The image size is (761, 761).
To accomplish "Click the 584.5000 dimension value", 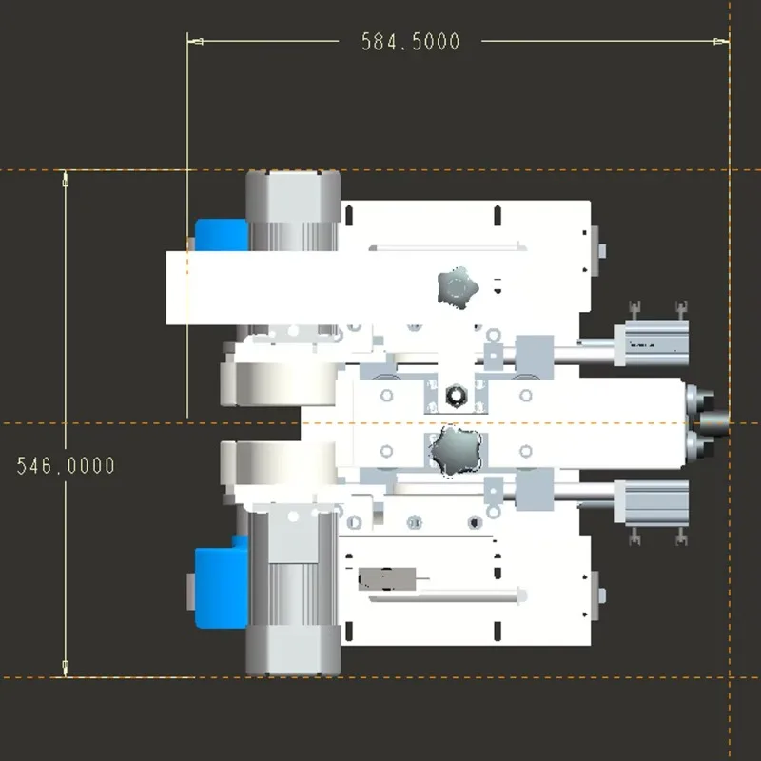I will coord(410,42).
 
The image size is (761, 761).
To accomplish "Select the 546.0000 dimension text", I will coord(66,465).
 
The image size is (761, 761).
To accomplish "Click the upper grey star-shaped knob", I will coord(456,285).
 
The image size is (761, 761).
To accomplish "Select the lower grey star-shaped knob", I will coord(455,449).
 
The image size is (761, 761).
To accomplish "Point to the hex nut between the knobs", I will coord(455,395).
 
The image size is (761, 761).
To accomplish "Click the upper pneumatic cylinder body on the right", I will coord(652,338).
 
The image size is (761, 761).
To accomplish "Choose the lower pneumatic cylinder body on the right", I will coord(652,498).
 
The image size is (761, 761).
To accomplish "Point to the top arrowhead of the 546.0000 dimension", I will coord(66,178).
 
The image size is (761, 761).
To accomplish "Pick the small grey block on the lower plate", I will coord(386,578).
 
